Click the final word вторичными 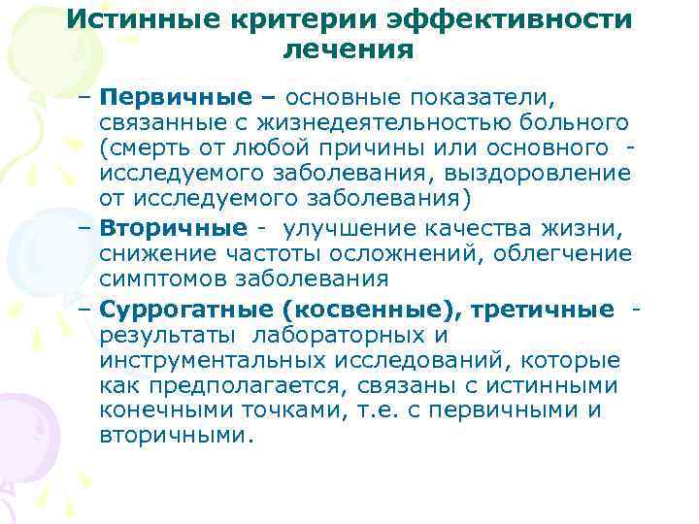[x=176, y=436]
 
